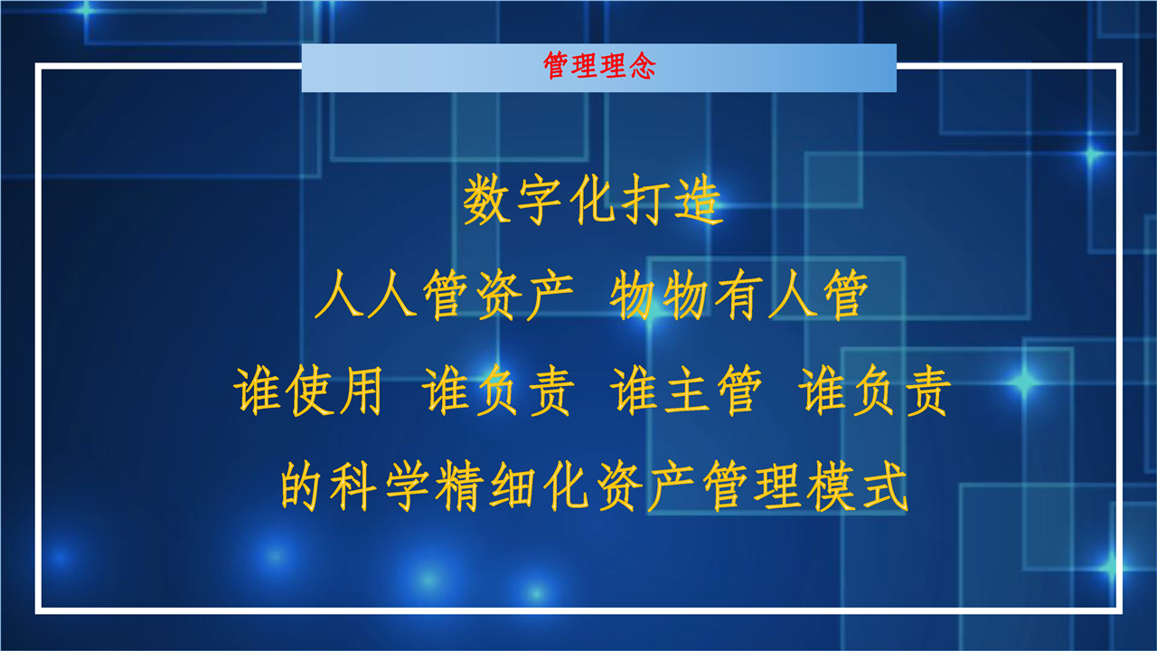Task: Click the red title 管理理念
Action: (599, 66)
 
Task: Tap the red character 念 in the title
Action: (642, 66)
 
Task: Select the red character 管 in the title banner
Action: (556, 66)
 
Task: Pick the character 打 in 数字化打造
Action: (644, 200)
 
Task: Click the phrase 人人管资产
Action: (444, 295)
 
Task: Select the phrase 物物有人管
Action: (739, 295)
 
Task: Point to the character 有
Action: (739, 295)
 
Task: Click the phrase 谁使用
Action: (308, 390)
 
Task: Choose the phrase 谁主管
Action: (685, 390)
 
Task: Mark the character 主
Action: (686, 390)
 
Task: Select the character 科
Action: (353, 486)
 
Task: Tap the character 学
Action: (407, 486)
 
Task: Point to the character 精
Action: (460, 486)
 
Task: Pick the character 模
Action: (831, 486)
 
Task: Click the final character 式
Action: (884, 486)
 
